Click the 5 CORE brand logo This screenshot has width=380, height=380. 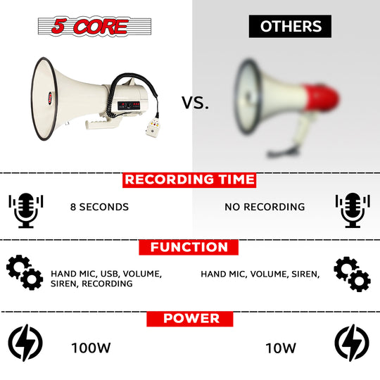[94, 26]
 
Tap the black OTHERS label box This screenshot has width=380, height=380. [290, 26]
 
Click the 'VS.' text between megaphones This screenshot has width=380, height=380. [195, 103]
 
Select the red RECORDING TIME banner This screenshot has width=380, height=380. [189, 180]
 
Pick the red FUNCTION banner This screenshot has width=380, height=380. [189, 247]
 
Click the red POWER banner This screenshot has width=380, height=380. [190, 319]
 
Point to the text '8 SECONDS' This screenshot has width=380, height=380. [99, 207]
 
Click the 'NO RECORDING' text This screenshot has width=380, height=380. [265, 207]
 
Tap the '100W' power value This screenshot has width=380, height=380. [91, 348]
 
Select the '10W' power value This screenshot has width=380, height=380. [281, 348]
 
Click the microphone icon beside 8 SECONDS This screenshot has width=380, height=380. [26, 210]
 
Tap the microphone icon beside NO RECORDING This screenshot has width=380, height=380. [353, 210]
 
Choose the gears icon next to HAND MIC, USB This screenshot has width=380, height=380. [25, 272]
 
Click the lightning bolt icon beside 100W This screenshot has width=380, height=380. [25, 343]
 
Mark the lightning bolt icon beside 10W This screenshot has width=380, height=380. [352, 343]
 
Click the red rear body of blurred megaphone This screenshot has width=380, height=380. [321, 98]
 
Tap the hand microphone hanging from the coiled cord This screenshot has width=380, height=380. [153, 127]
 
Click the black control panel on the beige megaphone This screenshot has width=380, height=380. [129, 106]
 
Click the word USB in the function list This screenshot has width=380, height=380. [109, 274]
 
